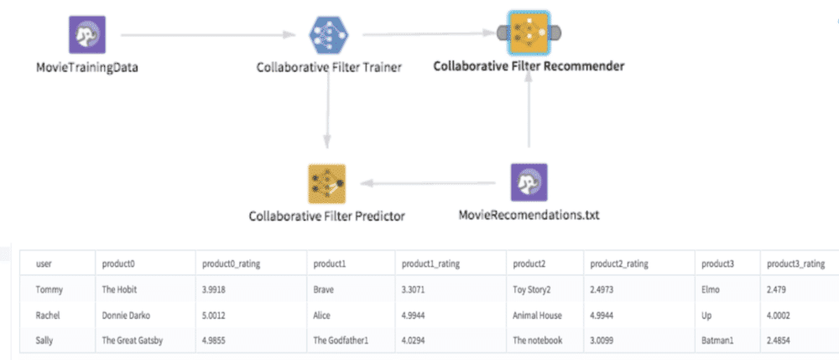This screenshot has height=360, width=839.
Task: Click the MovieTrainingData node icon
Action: tap(87, 34)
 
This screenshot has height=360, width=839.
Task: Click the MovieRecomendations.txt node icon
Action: tap(529, 182)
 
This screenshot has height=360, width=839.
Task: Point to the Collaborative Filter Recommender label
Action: tap(529, 66)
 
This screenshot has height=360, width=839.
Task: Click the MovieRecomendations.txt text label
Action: tap(529, 216)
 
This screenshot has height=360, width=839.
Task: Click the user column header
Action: tap(44, 263)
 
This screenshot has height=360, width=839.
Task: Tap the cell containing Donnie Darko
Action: tap(126, 316)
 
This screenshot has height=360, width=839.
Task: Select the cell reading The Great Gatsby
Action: tap(133, 341)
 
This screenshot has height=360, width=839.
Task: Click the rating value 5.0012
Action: tap(216, 316)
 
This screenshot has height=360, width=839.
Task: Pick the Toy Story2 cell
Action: tap(538, 290)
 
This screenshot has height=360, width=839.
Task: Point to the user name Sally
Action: tap(45, 341)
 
